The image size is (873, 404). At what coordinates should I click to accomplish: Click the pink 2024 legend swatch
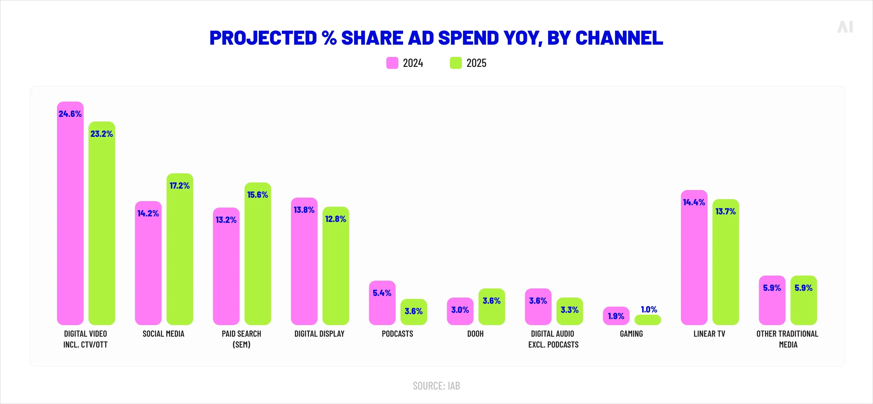[392, 63]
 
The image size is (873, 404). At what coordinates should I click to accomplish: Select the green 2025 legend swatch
[455, 63]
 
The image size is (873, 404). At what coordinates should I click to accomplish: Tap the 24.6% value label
[70, 114]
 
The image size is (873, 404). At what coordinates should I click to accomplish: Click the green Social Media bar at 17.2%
[180, 254]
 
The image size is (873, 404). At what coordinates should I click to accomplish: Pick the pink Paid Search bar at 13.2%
[226, 271]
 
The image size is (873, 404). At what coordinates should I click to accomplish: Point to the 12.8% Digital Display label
[336, 219]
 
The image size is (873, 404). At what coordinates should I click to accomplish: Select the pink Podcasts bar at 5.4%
[382, 308]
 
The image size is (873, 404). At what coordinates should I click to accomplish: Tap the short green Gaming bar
[647, 320]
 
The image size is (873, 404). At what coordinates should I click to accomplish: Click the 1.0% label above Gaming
[649, 309]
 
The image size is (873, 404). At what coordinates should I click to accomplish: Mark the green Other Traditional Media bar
[803, 305]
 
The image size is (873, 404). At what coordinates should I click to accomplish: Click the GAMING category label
[631, 334]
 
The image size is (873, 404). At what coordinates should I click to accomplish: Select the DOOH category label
[475, 334]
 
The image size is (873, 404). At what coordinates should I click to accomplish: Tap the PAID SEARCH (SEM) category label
[241, 339]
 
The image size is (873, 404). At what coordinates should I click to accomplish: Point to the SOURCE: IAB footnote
[436, 386]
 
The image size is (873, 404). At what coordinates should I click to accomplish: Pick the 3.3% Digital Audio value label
[569, 310]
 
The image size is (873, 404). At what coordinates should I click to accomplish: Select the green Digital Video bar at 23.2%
[102, 230]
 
